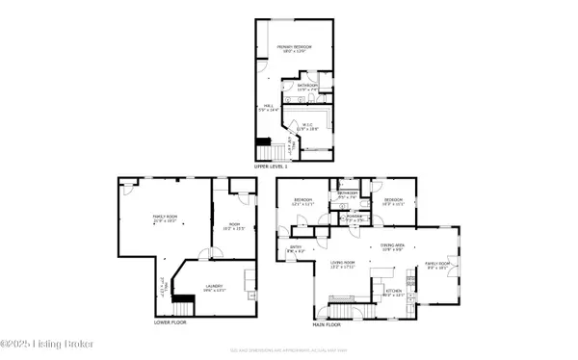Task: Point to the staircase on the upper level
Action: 264,151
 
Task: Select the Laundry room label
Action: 216,286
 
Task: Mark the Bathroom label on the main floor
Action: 347,193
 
